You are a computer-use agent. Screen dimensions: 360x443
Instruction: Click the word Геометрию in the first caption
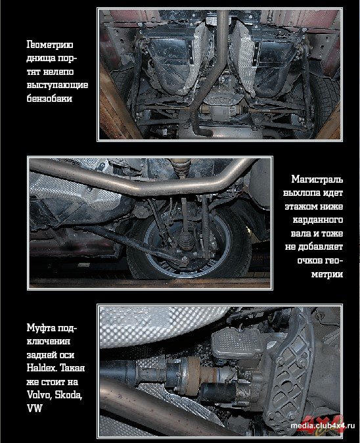coord(50,45)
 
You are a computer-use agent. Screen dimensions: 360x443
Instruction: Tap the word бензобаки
coord(49,99)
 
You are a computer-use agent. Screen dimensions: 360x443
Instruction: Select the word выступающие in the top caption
coord(57,85)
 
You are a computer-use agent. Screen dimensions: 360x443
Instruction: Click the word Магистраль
coord(317,179)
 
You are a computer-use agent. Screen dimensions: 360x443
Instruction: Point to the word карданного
coord(318,220)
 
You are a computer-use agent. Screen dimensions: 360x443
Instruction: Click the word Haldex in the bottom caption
coord(41,367)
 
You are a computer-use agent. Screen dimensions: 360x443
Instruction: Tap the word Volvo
coord(39,394)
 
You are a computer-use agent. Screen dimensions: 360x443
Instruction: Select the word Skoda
coord(68,394)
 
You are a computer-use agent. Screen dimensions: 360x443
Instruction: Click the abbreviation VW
coord(34,408)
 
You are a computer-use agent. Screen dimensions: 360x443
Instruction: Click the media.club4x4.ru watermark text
coord(323,426)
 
